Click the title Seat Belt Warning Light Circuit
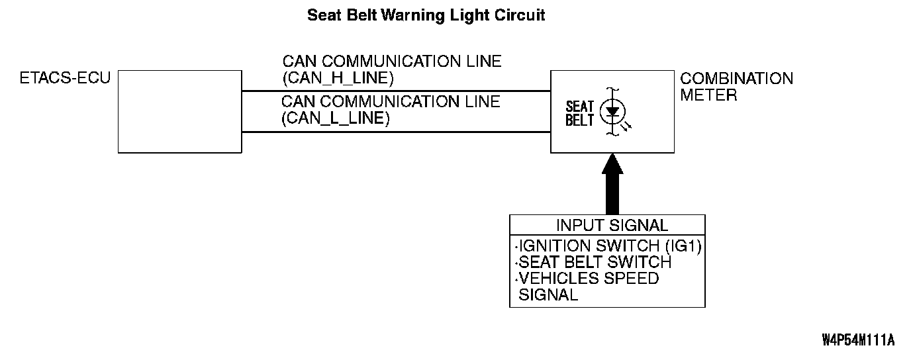pos(426,15)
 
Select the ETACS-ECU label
pos(66,79)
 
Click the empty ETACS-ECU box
pos(179,112)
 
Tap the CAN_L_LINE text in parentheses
pos(336,119)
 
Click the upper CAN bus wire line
pos(396,91)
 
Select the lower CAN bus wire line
pos(396,132)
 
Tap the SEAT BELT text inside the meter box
pos(580,113)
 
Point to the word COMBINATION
pos(736,79)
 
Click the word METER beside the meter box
pos(708,95)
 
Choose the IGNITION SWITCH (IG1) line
pos(610,246)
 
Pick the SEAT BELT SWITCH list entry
pos(595,263)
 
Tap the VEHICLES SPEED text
pos(589,279)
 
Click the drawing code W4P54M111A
pos(858,340)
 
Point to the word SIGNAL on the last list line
pos(548,295)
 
